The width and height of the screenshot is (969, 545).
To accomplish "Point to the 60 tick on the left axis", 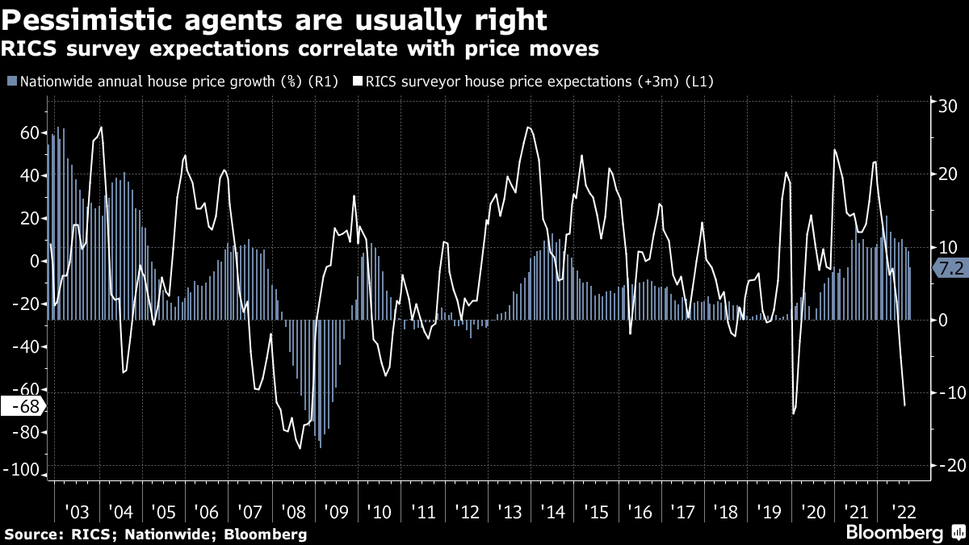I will click(x=29, y=132).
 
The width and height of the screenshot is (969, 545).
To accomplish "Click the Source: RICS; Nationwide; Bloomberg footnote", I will click(x=156, y=535).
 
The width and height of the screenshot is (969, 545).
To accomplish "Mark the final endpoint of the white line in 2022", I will click(x=904, y=405).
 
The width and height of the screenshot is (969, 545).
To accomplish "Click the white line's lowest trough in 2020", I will click(x=794, y=413).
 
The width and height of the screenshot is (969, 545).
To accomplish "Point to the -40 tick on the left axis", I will click(x=27, y=346).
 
